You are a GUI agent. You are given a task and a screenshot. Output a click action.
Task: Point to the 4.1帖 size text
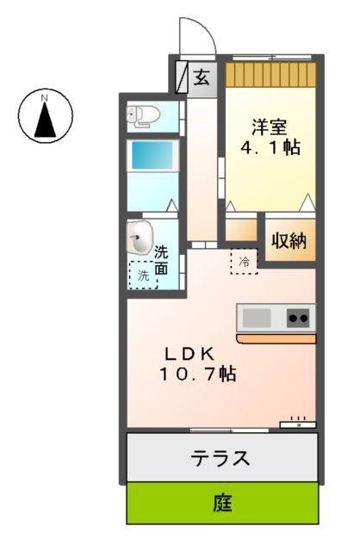click(x=269, y=147)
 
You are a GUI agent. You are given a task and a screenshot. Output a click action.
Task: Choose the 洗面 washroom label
click(x=162, y=262)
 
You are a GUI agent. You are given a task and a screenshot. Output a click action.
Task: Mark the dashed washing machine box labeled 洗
click(x=143, y=275)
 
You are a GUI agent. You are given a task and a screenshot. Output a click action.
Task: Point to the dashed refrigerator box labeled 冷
click(x=244, y=260)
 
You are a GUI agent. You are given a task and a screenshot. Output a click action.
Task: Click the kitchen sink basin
click(x=256, y=319)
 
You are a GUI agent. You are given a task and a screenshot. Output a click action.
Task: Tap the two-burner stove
click(x=298, y=319)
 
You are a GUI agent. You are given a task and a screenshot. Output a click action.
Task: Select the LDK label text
click(x=195, y=353)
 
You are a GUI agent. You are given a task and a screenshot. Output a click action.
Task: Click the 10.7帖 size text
click(x=197, y=375)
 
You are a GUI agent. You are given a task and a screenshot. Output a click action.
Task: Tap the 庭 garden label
click(x=222, y=503)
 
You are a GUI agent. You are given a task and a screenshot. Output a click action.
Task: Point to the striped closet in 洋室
click(x=270, y=72)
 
